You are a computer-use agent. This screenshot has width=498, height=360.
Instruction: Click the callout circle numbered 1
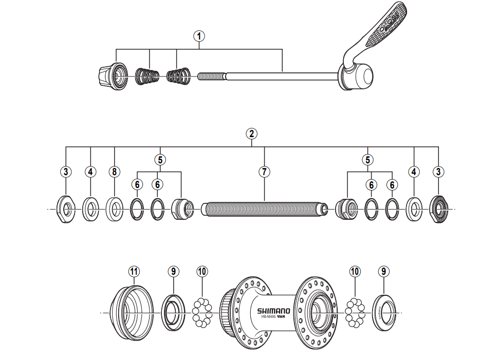[x=199, y=36]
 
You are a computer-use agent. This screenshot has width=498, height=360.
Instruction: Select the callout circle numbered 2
[x=251, y=134]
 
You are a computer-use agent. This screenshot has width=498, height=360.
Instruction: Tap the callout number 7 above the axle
[x=264, y=172]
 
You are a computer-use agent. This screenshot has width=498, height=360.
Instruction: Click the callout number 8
[x=114, y=172]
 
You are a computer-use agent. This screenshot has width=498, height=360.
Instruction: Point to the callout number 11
[x=134, y=271]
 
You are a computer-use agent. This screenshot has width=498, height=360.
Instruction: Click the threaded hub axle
[x=265, y=210]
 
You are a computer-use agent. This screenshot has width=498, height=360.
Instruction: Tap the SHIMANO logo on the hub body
[x=273, y=310]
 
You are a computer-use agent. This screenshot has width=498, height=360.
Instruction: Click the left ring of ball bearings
[x=202, y=312]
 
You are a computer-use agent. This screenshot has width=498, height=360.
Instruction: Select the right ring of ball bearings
[x=354, y=312]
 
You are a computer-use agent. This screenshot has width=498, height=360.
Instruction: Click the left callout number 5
[x=160, y=159]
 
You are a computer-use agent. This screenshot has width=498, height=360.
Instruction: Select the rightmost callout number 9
[x=384, y=271]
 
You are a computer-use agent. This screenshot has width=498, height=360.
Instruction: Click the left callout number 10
[x=202, y=271]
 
